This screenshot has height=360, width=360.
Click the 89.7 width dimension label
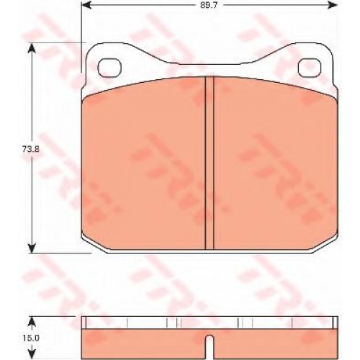[x=209, y=5]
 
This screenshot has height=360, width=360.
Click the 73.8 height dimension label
[x=30, y=149]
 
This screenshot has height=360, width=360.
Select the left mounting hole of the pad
[x=110, y=68]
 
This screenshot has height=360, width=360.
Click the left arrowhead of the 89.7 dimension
[x=86, y=4]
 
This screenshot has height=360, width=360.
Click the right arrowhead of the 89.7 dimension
[x=333, y=4]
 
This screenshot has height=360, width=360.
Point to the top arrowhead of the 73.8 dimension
[x=32, y=48]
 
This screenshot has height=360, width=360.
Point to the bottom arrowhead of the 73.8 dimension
[x=32, y=248]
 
